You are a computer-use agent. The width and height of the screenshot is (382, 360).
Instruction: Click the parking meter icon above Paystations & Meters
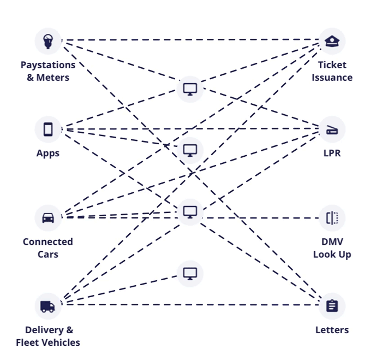click(48, 41)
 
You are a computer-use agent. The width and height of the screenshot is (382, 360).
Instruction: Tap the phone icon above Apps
click(48, 129)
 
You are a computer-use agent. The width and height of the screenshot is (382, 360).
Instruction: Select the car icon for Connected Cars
click(48, 217)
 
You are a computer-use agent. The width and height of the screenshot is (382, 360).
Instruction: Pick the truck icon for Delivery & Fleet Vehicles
click(48, 306)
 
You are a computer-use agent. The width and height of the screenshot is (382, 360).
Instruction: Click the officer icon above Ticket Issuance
click(332, 41)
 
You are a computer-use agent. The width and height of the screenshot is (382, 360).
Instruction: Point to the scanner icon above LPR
click(332, 129)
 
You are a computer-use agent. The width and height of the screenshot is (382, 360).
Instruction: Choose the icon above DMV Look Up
click(332, 217)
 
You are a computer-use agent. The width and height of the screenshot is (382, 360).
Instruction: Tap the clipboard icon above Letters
click(332, 306)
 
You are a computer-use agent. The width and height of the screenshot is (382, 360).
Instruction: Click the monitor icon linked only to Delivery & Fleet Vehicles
click(190, 273)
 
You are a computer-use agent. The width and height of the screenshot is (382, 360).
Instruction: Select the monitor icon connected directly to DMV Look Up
click(190, 211)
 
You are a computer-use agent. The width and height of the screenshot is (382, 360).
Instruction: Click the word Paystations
click(48, 65)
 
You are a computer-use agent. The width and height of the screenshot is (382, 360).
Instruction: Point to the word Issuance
click(332, 78)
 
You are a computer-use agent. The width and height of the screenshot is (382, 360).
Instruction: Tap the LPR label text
click(332, 153)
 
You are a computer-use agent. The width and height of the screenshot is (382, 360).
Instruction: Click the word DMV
click(332, 241)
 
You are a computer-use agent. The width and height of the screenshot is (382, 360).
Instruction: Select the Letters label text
click(332, 329)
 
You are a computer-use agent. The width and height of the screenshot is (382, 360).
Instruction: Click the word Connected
click(48, 241)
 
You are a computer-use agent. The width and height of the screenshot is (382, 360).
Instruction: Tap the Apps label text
click(48, 153)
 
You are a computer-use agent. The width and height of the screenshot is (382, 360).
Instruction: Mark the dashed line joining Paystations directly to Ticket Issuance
click(191, 40)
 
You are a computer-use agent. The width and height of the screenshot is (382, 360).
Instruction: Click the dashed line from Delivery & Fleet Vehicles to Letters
click(191, 304)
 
